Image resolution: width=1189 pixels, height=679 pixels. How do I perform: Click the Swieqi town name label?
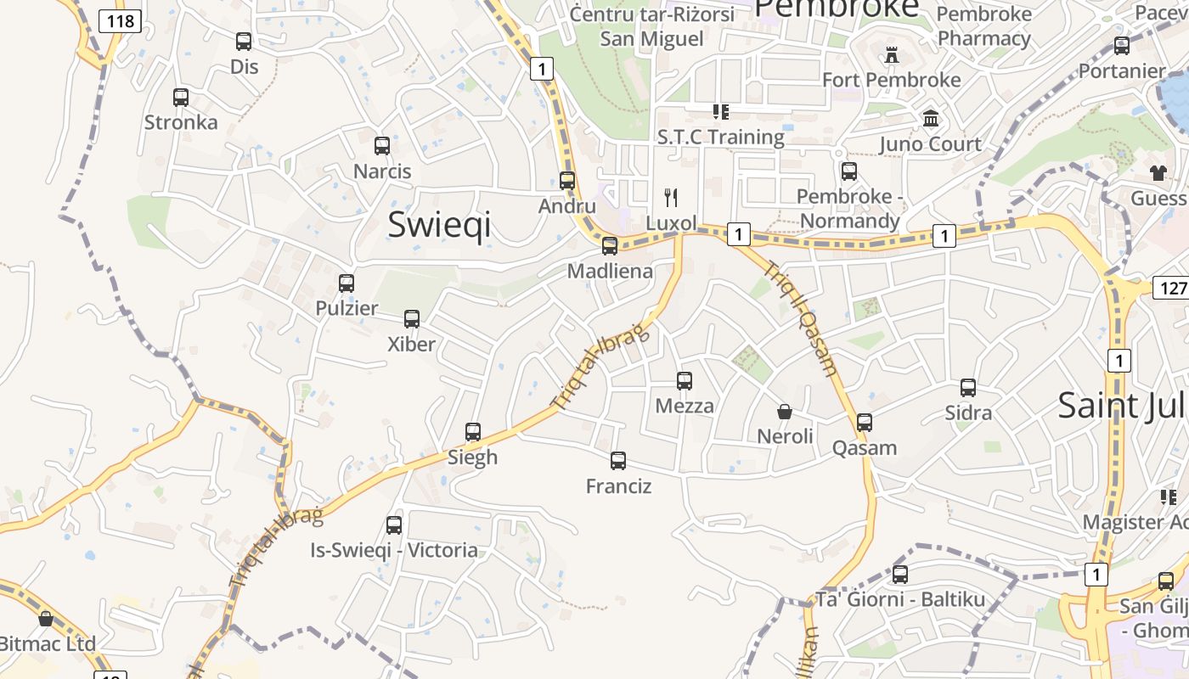click(439, 225)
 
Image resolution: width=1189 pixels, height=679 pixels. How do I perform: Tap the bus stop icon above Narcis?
click(382, 146)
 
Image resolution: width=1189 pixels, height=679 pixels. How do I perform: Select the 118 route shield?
click(120, 21)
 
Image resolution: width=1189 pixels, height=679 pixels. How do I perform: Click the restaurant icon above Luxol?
click(671, 198)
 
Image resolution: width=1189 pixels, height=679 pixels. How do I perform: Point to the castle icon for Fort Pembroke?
click(891, 55)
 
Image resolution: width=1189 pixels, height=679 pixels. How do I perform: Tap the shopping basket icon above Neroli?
click(785, 412)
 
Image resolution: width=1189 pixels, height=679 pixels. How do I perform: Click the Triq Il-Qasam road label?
click(802, 318)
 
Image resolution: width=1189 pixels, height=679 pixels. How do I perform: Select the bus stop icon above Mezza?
click(685, 381)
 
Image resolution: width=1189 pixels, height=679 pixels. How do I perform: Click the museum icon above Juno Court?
click(931, 119)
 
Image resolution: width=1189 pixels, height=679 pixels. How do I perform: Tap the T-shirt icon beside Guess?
click(1158, 173)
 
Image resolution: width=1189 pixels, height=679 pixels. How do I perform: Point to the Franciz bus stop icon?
click(618, 461)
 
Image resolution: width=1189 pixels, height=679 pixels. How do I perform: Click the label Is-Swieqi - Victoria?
click(394, 550)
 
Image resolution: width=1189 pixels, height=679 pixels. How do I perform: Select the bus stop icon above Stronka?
click(181, 98)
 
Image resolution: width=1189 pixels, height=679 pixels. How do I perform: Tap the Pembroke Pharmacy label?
click(984, 26)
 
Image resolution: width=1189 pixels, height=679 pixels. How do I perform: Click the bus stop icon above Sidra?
click(968, 388)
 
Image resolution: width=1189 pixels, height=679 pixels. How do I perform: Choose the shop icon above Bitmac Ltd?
click(46, 619)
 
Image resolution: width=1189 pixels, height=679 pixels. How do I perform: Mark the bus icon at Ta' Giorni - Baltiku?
click(900, 575)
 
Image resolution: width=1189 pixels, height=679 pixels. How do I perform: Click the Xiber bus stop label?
click(411, 344)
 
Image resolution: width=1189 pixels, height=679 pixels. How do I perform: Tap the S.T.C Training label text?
click(721, 137)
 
